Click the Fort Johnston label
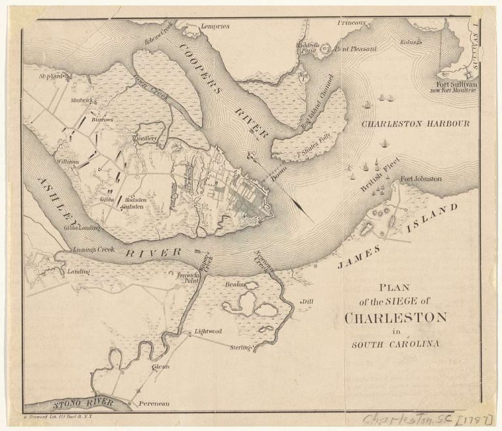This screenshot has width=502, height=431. [421, 179]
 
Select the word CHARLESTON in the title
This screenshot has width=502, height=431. [395, 319]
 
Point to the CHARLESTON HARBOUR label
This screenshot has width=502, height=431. [416, 123]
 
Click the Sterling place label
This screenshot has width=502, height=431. [240, 347]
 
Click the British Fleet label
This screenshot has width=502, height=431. [378, 180]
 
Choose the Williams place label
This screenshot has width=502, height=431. [67, 161]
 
